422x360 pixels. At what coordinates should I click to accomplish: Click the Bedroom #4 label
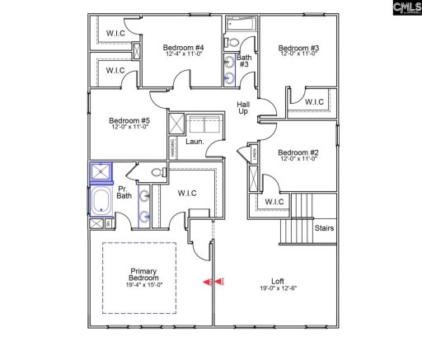pyautogui.click(x=183, y=48)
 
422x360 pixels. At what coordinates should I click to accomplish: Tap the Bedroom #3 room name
pyautogui.click(x=298, y=48)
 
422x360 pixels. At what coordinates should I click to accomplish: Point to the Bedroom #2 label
pyautogui.click(x=298, y=152)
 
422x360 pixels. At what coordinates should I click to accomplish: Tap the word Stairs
pyautogui.click(x=324, y=228)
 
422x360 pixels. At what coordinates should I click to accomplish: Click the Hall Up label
pyautogui.click(x=243, y=109)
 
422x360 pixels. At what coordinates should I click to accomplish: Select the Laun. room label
pyautogui.click(x=195, y=142)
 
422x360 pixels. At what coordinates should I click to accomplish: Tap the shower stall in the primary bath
pyautogui.click(x=101, y=173)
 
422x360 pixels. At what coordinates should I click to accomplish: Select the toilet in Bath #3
pyautogui.click(x=232, y=41)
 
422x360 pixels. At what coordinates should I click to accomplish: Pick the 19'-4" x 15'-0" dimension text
pyautogui.click(x=144, y=285)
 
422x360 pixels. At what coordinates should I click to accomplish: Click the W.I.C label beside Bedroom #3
pyautogui.click(x=313, y=102)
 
